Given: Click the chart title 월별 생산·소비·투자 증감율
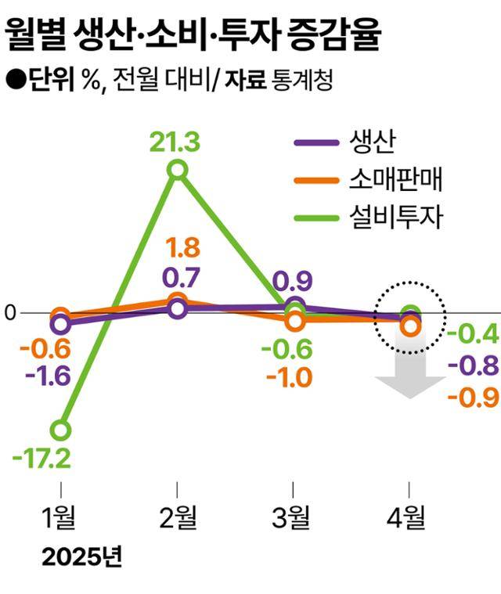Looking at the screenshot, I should pos(195,34).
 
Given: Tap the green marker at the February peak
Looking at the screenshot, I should pos(178,170).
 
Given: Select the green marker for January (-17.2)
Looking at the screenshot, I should pos(60,430).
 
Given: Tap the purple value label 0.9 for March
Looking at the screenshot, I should pos(294,279).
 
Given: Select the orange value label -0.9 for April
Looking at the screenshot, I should pos(473,397).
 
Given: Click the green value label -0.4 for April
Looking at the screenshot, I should pos(472,335).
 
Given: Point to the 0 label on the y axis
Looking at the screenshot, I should pos(9,313).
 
